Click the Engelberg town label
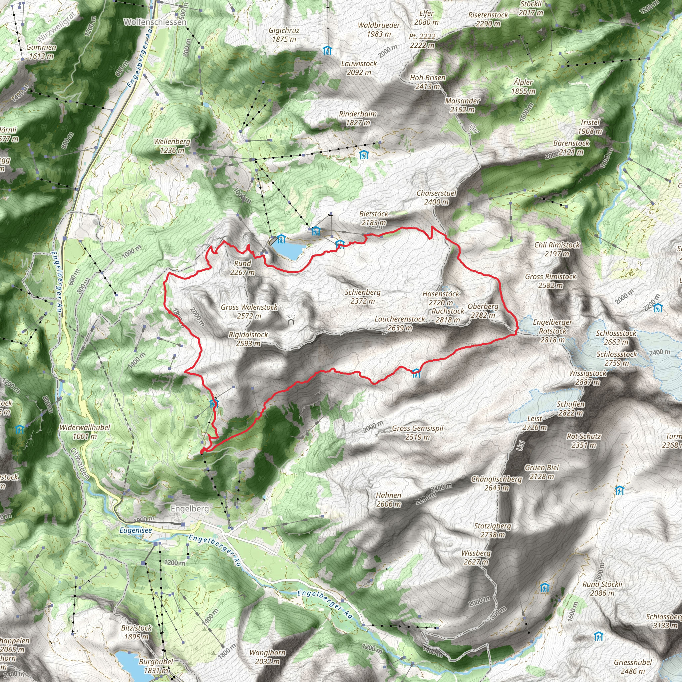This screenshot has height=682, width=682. coord(189,509)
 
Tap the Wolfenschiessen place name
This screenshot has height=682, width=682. coord(155,22)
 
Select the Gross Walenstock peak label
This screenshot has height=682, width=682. coord(249,311)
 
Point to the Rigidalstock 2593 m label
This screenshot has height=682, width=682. coord(248,339)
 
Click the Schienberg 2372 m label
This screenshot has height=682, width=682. coord(363,296)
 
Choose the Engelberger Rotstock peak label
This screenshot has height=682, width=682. coord(552,331)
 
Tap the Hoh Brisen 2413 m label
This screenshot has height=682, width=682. coord(428,82)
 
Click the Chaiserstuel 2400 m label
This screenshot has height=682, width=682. coord(436,197)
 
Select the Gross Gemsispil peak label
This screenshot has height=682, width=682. coord(418,433)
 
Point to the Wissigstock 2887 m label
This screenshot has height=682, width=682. coord(588,377)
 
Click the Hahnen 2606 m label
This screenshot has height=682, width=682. coord(388,500)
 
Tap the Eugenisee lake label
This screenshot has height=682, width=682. coord(136,530)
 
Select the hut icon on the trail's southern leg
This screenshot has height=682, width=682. coord(417,372)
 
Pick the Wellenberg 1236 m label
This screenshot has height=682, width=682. coord(172,146)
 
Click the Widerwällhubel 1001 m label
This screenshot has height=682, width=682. coord(85,432)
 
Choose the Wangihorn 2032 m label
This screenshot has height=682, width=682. coord(268,657)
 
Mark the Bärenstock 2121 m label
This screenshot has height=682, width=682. coord(571,148)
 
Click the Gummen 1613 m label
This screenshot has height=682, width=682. coord(41,52)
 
